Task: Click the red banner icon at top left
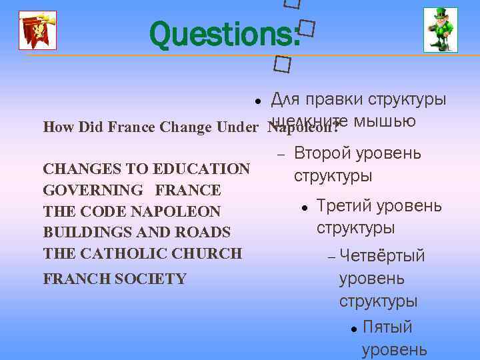[37, 31]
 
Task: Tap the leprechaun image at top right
[441, 30]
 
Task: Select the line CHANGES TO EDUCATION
[146, 169]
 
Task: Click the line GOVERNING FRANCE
[131, 191]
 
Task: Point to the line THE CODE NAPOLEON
[131, 212]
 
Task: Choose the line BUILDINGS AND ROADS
[137, 233]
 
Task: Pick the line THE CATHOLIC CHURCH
[142, 253]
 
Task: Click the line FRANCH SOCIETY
[115, 279]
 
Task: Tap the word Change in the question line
[186, 127]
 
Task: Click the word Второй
[323, 153]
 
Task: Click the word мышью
[385, 121]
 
